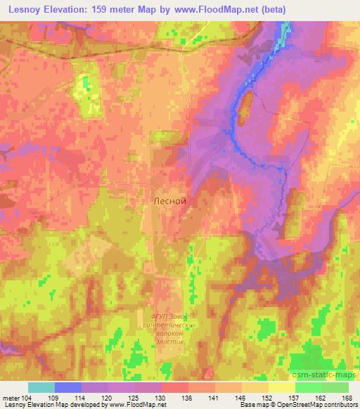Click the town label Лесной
click(x=169, y=200)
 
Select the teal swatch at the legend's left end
click(x=41, y=387)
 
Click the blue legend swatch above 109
click(x=68, y=387)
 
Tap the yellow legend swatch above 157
click(x=281, y=387)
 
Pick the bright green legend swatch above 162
click(x=308, y=387)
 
